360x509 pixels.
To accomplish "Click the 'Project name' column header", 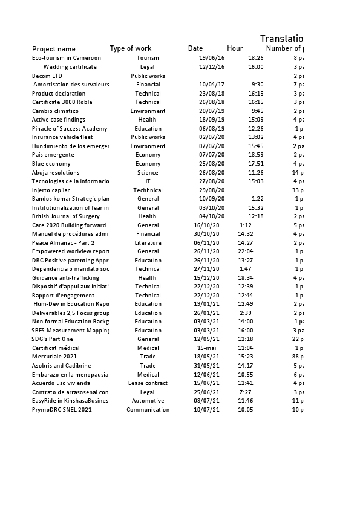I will pos(54,49).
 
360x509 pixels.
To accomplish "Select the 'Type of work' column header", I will pos(131,48).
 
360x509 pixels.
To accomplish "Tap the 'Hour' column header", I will pos(235,48).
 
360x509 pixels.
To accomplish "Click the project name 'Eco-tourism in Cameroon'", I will pos(67,58).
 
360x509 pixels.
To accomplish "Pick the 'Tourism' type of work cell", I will pos(148,58).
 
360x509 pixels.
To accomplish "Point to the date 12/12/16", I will pos(212,67).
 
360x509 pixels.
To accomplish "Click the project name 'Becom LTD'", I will pos(47,76).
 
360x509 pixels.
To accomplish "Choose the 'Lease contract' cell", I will pos(148,383).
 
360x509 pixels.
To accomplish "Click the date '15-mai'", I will pos(207,348).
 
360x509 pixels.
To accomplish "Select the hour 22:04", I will pos(245,251).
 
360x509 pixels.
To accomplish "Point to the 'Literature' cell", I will pos(148,242).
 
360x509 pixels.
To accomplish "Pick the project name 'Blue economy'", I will pos(51,164).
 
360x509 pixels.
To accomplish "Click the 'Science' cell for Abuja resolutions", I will pos(148,173).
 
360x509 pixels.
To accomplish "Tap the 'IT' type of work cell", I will pos(148,181).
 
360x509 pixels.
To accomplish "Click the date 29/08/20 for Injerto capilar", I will pos(212,190).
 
